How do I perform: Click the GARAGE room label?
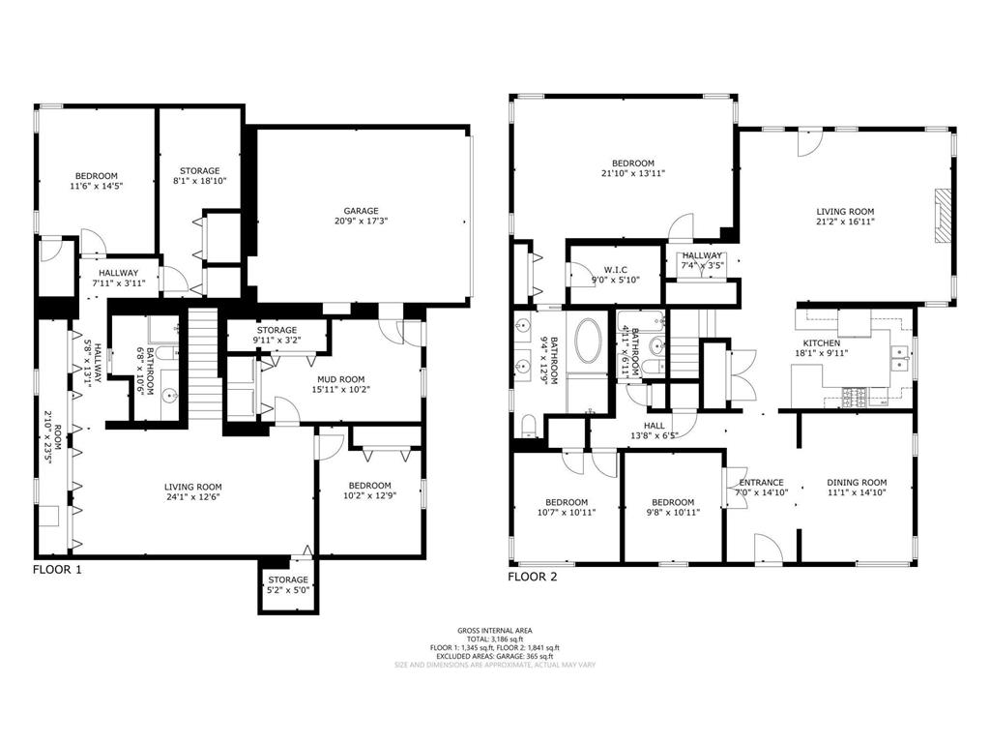pyautogui.click(x=361, y=211)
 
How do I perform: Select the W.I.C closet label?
pyautogui.click(x=617, y=270)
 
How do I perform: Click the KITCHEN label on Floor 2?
pyautogui.click(x=821, y=343)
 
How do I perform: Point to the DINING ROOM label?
pyautogui.click(x=857, y=483)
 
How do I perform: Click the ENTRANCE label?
pyautogui.click(x=761, y=483)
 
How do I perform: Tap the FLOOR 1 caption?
pyautogui.click(x=57, y=570)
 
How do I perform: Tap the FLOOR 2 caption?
pyautogui.click(x=533, y=577)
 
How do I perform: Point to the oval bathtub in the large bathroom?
pyautogui.click(x=588, y=342)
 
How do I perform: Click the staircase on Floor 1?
pyautogui.click(x=203, y=363)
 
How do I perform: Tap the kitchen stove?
pyautogui.click(x=857, y=395)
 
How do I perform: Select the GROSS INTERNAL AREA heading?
pyautogui.click(x=494, y=630)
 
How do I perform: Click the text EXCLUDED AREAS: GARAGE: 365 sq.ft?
pyautogui.click(x=494, y=656)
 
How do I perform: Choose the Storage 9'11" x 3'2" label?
pyautogui.click(x=277, y=336)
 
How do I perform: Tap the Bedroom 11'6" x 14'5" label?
pyautogui.click(x=95, y=181)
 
